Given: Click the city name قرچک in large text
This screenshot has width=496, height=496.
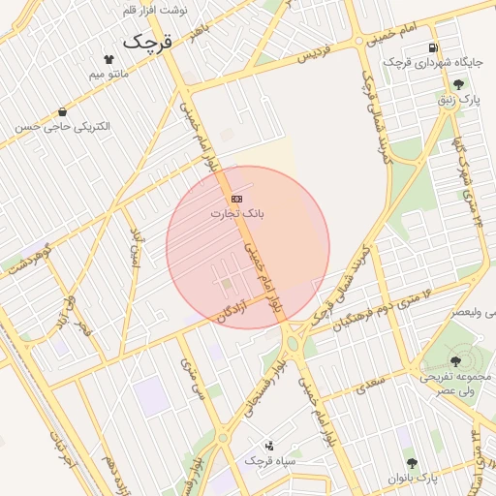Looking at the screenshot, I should [147, 44].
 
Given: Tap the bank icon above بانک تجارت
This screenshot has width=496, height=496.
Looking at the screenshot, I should [237, 199].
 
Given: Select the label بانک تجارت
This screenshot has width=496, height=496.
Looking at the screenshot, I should [237, 212].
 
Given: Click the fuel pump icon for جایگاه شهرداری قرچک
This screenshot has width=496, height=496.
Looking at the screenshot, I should [431, 47].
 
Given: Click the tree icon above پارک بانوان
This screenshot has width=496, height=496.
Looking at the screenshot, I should [412, 464].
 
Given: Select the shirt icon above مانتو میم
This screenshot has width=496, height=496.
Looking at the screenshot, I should [108, 59].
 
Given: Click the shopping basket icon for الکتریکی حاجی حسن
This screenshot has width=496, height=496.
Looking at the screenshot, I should [63, 112].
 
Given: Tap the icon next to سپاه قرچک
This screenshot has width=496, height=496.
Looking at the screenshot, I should [269, 447].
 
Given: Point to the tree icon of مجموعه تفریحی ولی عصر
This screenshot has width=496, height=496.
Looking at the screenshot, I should [455, 361].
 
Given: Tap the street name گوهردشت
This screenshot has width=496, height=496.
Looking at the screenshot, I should [28, 264].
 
